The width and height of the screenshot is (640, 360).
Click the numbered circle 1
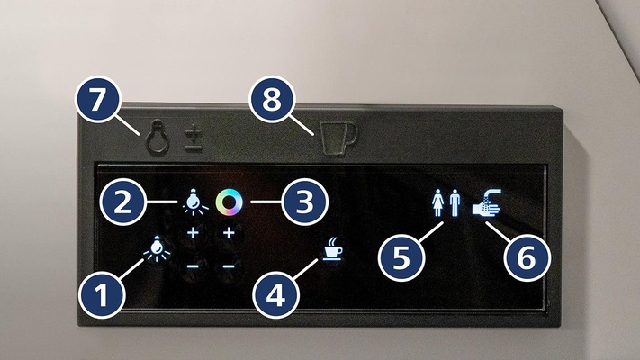coord(104,292)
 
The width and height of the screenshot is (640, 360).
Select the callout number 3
coord(306,203)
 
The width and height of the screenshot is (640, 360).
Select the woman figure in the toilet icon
coord(437,202)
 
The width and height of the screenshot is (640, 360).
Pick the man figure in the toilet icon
coord(454,202)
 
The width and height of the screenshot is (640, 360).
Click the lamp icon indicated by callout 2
coord(193,202)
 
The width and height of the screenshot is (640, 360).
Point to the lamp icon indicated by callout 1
coord(158,247)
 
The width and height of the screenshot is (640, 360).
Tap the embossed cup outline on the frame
coord(338,137)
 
